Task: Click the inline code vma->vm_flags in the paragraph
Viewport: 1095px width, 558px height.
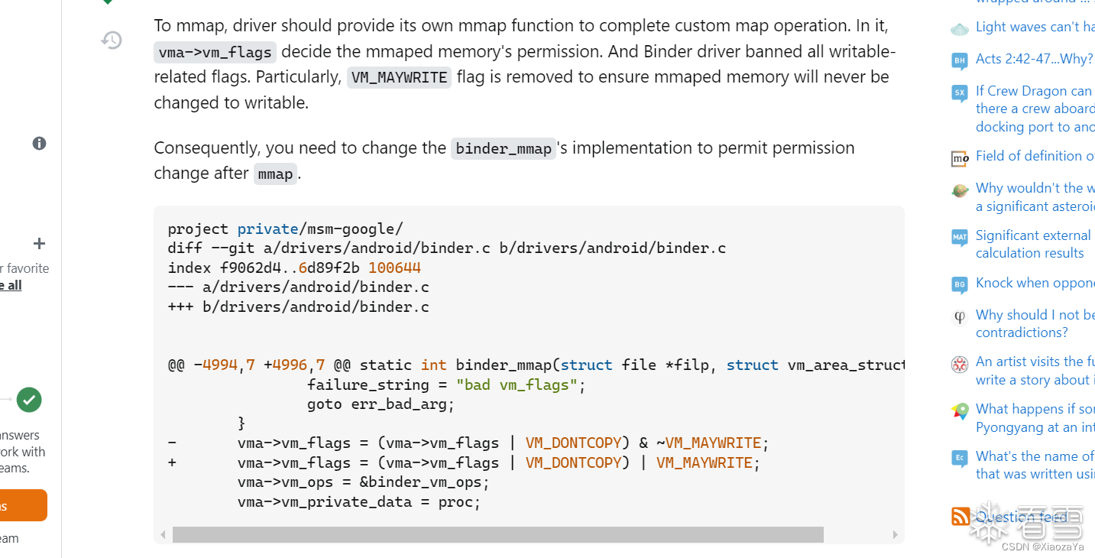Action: click(215, 53)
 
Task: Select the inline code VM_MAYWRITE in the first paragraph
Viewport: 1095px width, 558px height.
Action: click(399, 78)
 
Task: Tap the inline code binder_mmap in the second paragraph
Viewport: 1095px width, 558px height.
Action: click(503, 149)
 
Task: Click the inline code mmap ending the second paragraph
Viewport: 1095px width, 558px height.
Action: click(275, 174)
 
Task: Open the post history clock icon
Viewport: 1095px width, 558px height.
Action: click(112, 40)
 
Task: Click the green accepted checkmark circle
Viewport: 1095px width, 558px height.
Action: click(29, 399)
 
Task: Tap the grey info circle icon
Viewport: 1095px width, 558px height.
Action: click(39, 144)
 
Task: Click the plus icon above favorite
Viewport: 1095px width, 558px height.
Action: click(39, 244)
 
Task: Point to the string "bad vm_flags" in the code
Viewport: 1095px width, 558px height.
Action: click(517, 384)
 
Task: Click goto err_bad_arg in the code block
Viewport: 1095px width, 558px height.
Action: click(381, 404)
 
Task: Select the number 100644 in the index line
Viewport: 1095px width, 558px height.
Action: click(394, 268)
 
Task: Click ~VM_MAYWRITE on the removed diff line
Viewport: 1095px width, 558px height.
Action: click(713, 443)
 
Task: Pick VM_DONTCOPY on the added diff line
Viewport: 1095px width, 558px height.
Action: click(573, 463)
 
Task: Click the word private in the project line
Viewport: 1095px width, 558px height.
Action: click(267, 229)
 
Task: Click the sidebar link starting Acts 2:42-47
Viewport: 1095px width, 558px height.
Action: click(1034, 59)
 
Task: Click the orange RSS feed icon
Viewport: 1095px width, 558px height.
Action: click(961, 517)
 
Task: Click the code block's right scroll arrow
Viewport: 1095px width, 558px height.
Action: click(895, 535)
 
